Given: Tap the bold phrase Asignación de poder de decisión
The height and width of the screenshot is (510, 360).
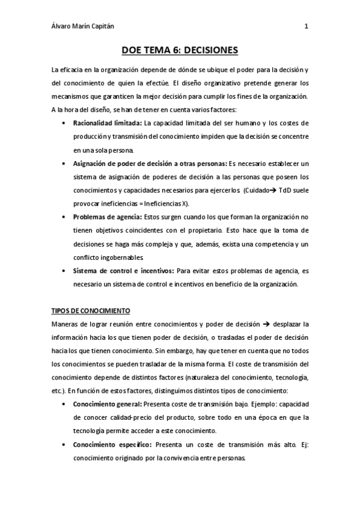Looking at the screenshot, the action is pyautogui.click(x=147, y=163).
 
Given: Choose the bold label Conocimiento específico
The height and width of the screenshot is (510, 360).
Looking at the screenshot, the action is pyautogui.click(x=111, y=444).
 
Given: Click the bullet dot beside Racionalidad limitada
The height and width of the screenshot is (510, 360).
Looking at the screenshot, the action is pyautogui.click(x=64, y=123).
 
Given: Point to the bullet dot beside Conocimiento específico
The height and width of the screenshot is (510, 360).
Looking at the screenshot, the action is pyautogui.click(x=64, y=444).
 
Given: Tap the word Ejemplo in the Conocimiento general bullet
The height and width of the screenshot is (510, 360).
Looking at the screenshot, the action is pyautogui.click(x=247, y=404).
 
